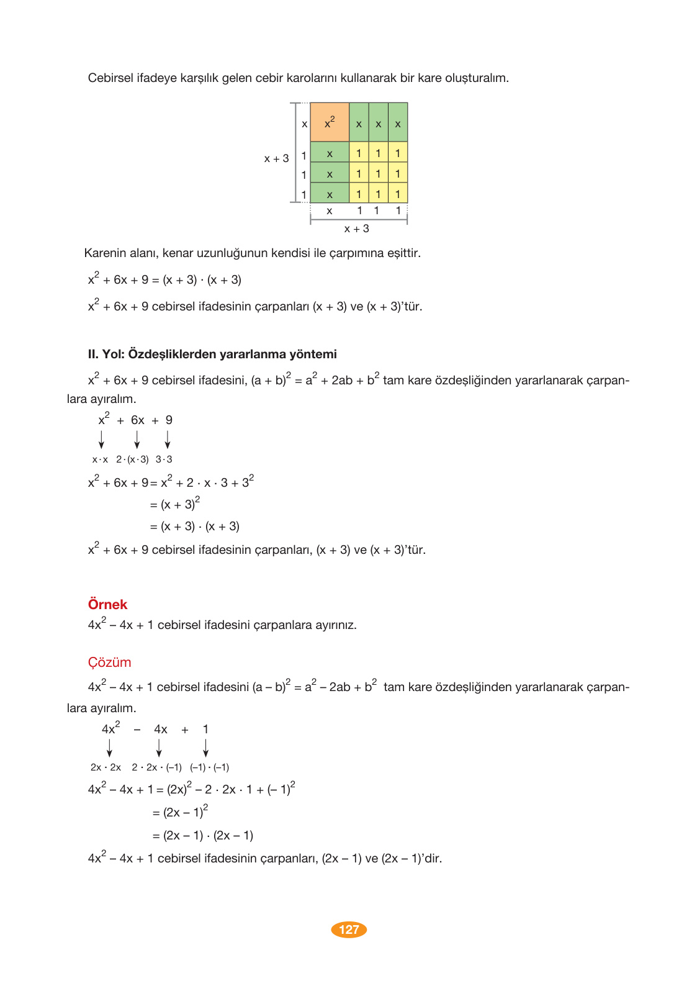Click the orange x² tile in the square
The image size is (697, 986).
pos(330,122)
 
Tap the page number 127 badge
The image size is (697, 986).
pos(349,929)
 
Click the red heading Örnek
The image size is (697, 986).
pos(107,605)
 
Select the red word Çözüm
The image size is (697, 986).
pos(109,663)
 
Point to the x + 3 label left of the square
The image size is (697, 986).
pos(276,158)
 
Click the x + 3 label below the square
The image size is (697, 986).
pos(356,229)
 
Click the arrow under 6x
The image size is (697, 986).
pos(137,440)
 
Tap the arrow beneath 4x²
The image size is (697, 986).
pos(110,748)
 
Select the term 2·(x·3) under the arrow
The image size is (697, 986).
pos(132,459)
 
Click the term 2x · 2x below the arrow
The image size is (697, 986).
pos(106,767)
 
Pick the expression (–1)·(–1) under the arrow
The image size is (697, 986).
pos(209,767)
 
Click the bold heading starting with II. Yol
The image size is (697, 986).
pos(212,355)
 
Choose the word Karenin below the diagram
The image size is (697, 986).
pos(104,253)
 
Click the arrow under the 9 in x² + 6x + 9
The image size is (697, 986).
pos(168,440)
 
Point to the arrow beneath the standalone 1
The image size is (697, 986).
pos(205,748)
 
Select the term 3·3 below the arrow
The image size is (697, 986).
pos(164,459)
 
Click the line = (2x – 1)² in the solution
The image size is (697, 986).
pos(180,812)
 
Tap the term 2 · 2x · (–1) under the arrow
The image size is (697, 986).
pos(156,767)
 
